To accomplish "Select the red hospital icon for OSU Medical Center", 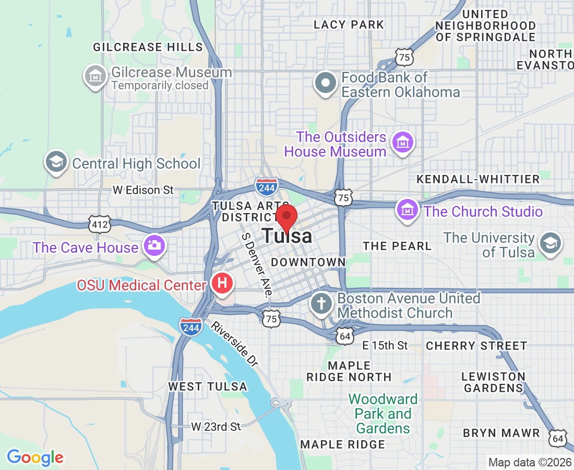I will click(222, 284).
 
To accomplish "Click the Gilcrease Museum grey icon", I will click(95, 76).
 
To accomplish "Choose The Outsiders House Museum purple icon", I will click(403, 142).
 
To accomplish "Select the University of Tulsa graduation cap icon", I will click(550, 243).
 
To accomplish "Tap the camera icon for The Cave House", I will click(154, 245).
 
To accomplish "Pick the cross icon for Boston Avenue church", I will click(322, 303).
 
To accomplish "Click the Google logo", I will click(35, 457).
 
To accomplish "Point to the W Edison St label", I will click(143, 190).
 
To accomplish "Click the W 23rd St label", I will click(216, 427).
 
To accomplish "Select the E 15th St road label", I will click(385, 345).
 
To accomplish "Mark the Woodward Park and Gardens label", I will click(383, 414).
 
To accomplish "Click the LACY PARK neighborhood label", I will click(349, 25).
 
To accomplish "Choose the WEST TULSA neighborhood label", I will click(207, 386).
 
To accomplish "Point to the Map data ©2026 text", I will click(530, 462).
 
